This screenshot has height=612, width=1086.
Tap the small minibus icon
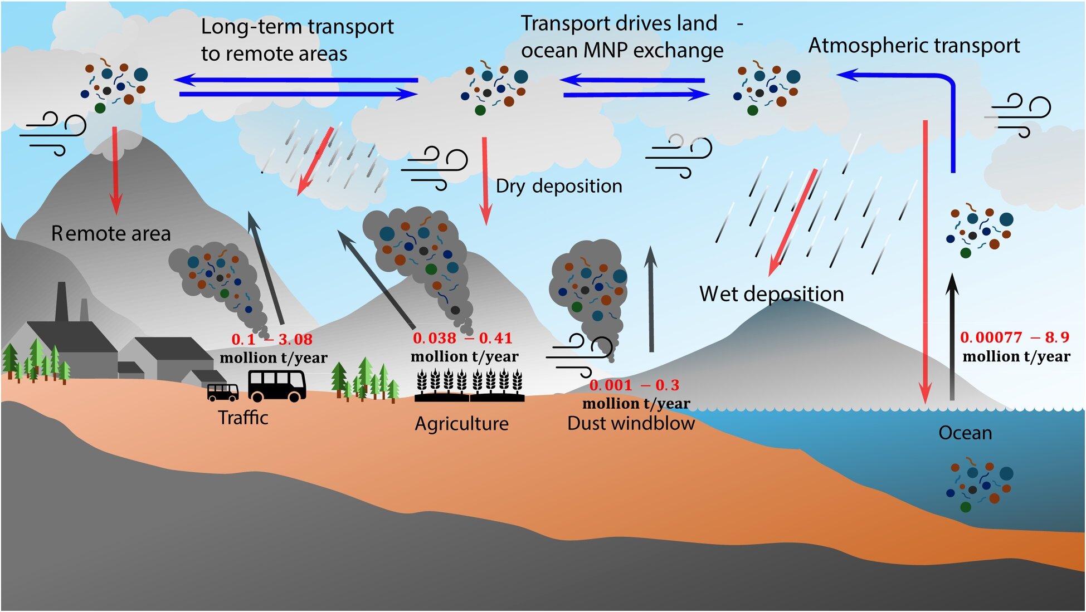pos(222,392)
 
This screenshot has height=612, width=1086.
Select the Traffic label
pos(243,418)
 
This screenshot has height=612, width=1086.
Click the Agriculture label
pos(461,424)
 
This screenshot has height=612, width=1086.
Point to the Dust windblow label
pos(631,423)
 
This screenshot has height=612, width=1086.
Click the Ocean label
pos(965,433)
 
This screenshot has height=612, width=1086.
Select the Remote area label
pos(111,233)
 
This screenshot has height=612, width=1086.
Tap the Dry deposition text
pos(559,186)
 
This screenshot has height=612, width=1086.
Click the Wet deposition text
pos(771,293)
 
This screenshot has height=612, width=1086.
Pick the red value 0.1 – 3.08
pos(272,339)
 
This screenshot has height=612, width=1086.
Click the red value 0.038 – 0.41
pos(462,338)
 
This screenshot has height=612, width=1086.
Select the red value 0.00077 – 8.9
pos(1014,337)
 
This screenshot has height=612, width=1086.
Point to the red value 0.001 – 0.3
pos(634,385)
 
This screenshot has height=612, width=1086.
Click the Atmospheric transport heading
pos(914,46)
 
